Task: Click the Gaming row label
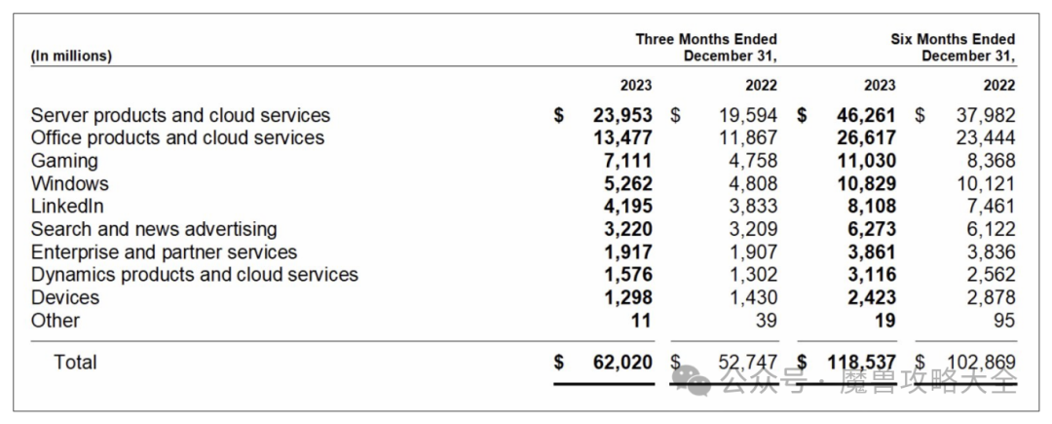click(x=64, y=161)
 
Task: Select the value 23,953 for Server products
click(x=622, y=115)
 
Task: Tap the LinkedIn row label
click(x=67, y=207)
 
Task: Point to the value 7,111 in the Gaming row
click(x=629, y=161)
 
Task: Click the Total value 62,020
click(x=622, y=363)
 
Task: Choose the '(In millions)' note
click(x=72, y=56)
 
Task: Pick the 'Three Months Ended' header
click(x=706, y=39)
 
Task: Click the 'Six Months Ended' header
click(x=953, y=39)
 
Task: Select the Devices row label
click(x=64, y=297)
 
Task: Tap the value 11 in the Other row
click(x=642, y=321)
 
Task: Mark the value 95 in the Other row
click(x=1004, y=321)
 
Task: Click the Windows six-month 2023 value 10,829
click(x=866, y=183)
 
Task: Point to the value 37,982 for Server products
click(x=985, y=115)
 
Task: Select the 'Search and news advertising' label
click(x=154, y=229)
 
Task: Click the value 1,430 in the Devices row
click(x=751, y=297)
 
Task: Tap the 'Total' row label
click(x=75, y=363)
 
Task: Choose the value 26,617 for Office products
click(x=866, y=137)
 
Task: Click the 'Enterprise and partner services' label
click(x=164, y=252)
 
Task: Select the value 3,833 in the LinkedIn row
click(x=751, y=207)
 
